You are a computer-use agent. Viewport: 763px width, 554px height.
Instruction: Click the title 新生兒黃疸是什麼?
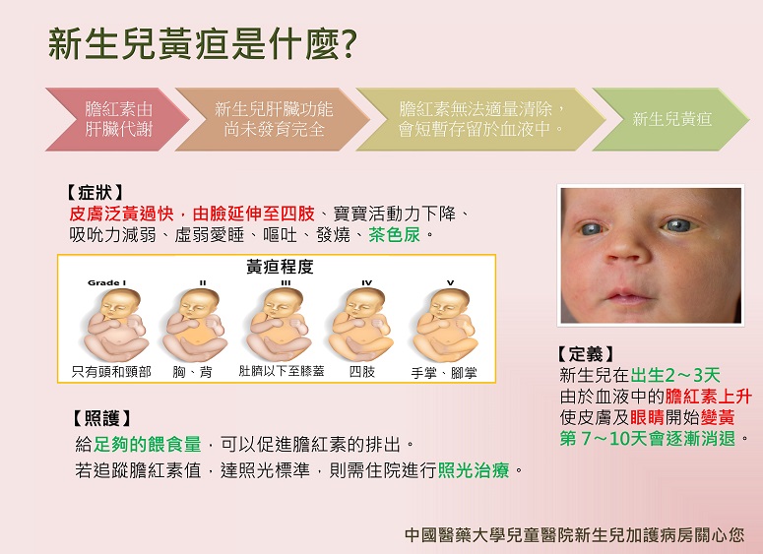(203, 44)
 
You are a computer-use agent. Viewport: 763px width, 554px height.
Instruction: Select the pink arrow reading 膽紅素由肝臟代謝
(117, 119)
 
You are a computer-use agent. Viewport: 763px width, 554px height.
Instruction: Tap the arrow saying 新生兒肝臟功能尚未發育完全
(272, 119)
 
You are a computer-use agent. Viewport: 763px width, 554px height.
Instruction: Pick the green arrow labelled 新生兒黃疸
(670, 119)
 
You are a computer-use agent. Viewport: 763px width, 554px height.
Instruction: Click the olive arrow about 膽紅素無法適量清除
(480, 119)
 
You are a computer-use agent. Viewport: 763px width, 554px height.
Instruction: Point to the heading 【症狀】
(95, 193)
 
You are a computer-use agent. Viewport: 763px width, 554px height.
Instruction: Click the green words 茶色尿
(394, 235)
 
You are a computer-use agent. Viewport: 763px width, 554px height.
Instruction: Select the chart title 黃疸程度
(280, 267)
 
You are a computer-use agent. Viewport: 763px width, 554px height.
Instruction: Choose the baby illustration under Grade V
(444, 324)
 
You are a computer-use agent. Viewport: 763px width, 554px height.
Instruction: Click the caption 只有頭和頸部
(111, 372)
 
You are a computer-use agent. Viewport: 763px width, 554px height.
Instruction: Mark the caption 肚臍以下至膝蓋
(282, 371)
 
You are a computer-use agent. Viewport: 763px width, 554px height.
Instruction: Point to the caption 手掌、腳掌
(444, 373)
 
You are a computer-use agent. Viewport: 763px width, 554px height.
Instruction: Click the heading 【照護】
(102, 418)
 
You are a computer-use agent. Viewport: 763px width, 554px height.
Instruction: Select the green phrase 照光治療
(474, 470)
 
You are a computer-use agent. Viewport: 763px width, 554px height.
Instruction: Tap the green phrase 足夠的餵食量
(147, 444)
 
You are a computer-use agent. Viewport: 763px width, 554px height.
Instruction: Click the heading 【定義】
(586, 354)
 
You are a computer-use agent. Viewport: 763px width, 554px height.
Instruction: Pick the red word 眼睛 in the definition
(647, 417)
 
